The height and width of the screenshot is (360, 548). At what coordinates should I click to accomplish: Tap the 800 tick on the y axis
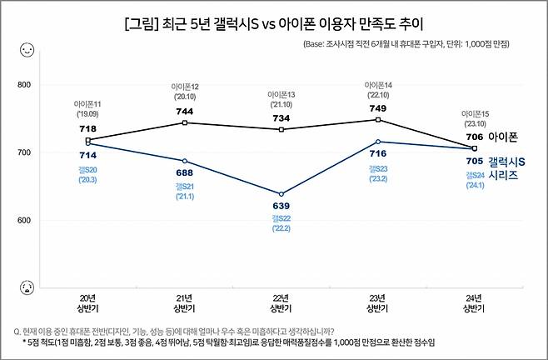22,85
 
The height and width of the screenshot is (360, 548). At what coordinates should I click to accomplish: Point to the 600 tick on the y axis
22,221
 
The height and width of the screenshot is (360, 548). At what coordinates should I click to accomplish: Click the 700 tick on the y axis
22,152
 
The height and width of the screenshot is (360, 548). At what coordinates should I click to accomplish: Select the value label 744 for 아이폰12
185,112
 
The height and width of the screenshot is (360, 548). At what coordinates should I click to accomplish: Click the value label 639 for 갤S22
281,205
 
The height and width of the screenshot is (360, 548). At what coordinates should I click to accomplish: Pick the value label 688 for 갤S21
185,172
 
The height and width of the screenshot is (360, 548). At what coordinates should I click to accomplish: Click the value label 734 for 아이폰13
281,119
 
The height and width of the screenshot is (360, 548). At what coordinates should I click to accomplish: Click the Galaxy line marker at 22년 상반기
281,193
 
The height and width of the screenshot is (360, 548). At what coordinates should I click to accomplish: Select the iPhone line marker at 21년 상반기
185,122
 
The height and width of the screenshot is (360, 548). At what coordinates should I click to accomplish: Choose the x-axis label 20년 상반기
88,302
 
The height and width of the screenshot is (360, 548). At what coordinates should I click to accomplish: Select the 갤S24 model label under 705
474,175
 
